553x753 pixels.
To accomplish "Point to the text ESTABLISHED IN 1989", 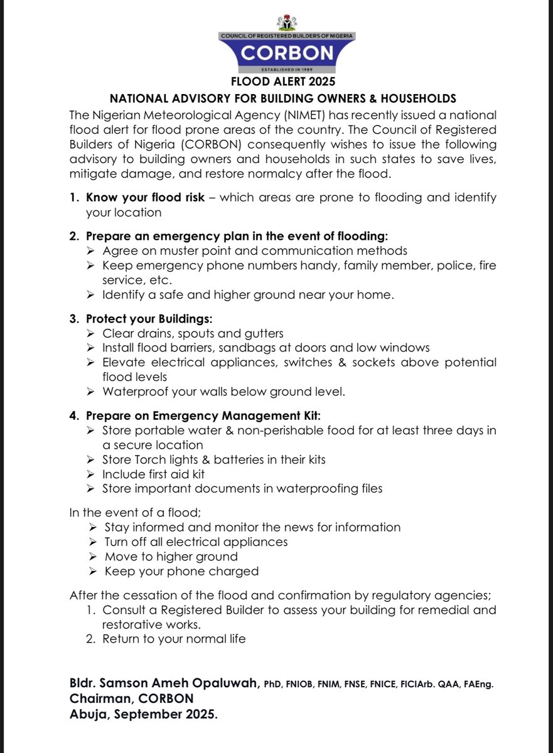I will [x=286, y=70].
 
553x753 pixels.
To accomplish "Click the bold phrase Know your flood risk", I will [x=145, y=198].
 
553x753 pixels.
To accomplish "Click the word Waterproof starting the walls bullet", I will [x=133, y=392].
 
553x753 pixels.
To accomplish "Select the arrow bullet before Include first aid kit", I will [x=90, y=474].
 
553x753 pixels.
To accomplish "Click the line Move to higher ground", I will [x=171, y=557].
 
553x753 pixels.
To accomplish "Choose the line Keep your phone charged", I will [x=181, y=571].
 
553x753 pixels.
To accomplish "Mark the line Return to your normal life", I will [x=174, y=639].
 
